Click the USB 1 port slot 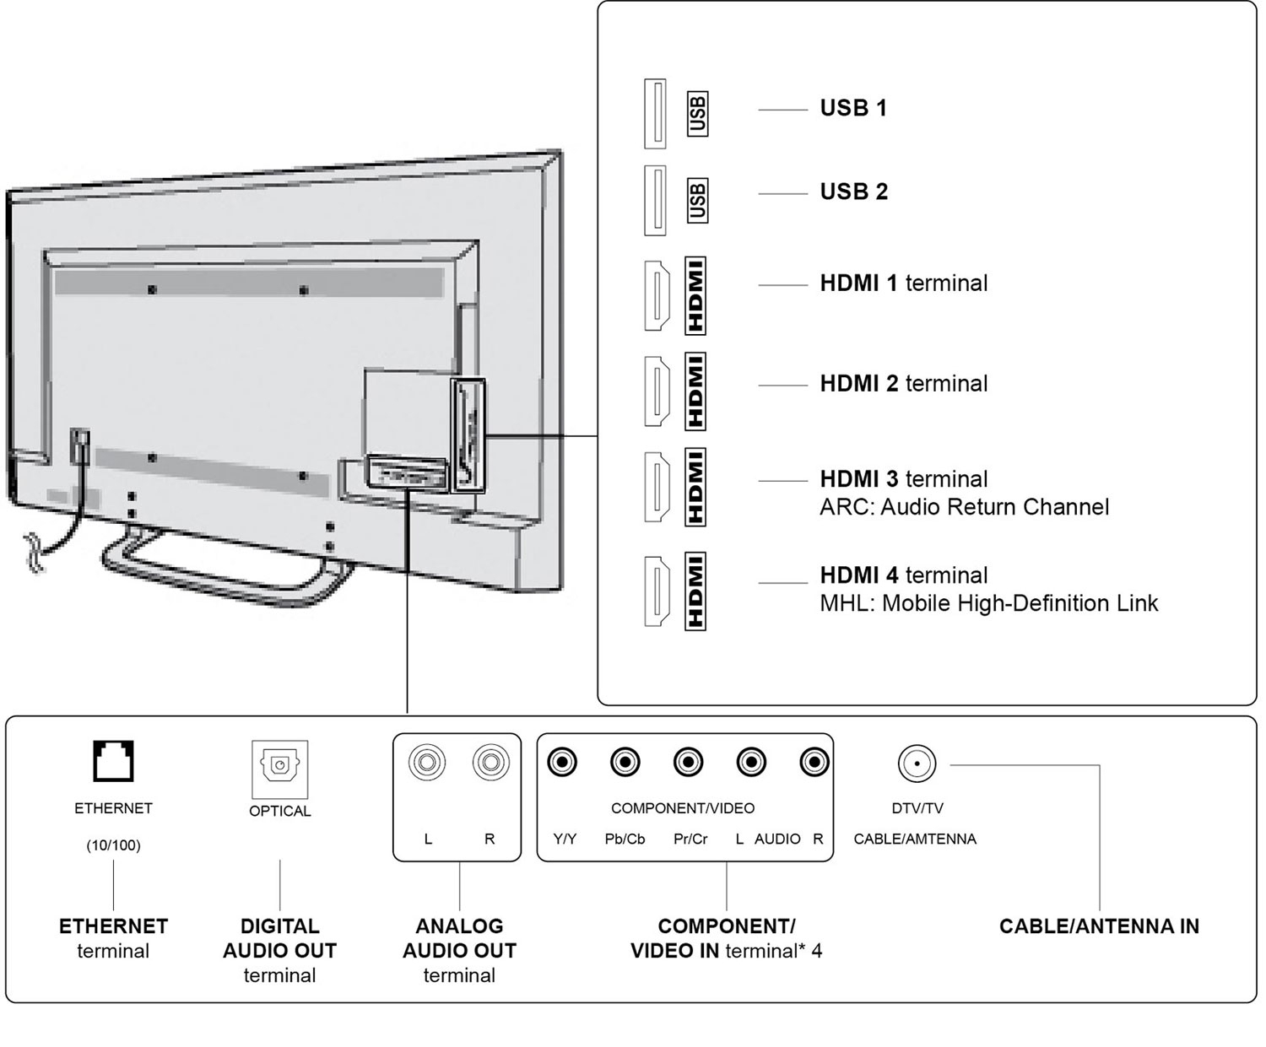pyautogui.click(x=655, y=114)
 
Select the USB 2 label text pyautogui.click(x=853, y=192)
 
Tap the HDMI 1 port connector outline pyautogui.click(x=657, y=295)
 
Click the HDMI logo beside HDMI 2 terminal pyautogui.click(x=695, y=391)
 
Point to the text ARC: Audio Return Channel pyautogui.click(x=964, y=507)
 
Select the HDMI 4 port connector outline pyautogui.click(x=657, y=591)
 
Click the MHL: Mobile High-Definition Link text pyautogui.click(x=988, y=603)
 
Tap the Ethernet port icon pyautogui.click(x=113, y=761)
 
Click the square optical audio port pyautogui.click(x=279, y=765)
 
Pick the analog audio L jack pyautogui.click(x=427, y=763)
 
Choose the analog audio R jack pyautogui.click(x=490, y=763)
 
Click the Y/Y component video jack pyautogui.click(x=562, y=763)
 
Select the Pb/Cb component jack pyautogui.click(x=625, y=763)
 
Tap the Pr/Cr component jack pyautogui.click(x=689, y=763)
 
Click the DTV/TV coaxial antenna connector pyautogui.click(x=917, y=764)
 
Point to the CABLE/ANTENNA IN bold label pyautogui.click(x=1099, y=926)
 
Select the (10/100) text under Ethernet pyautogui.click(x=113, y=845)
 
